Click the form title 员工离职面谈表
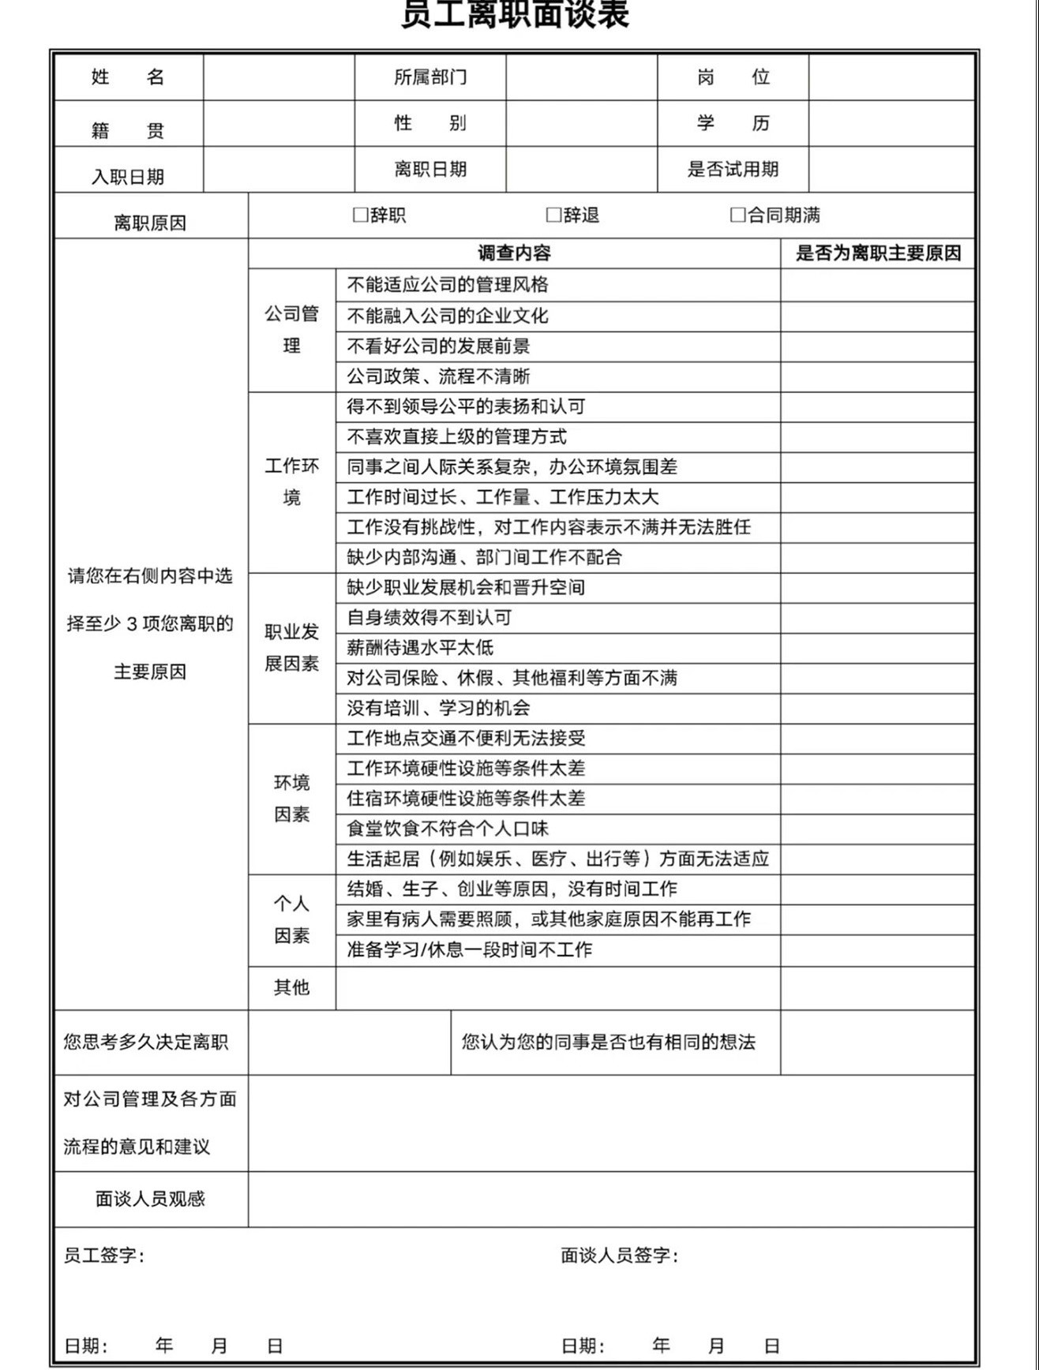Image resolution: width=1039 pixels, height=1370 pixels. pyautogui.click(x=515, y=14)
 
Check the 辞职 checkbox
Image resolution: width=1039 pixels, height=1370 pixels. pyautogui.click(x=361, y=215)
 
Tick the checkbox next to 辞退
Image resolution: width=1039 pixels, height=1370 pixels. pyautogui.click(x=554, y=215)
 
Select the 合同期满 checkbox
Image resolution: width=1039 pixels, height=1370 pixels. pyautogui.click(x=738, y=215)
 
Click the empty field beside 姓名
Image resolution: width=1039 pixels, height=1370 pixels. pyautogui.click(x=279, y=77)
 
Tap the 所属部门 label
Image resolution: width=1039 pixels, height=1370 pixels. pyautogui.click(x=430, y=77)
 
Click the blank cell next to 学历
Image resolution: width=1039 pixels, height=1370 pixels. pyautogui.click(x=891, y=123)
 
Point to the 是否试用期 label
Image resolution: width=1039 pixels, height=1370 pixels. pyautogui.click(x=733, y=169)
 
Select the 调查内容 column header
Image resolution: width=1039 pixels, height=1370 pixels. pyautogui.click(x=514, y=253)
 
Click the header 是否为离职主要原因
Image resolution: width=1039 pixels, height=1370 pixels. pyautogui.click(x=878, y=253)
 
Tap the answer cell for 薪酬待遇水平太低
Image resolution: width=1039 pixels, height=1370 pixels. pyautogui.click(x=877, y=648)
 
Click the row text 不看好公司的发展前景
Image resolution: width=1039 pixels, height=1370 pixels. pyautogui.click(x=438, y=346)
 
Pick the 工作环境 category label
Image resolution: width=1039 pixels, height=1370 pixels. pyautogui.click(x=291, y=481)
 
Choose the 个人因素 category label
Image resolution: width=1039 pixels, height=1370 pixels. pyautogui.click(x=291, y=919)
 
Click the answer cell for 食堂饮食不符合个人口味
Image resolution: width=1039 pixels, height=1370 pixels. pyautogui.click(x=877, y=829)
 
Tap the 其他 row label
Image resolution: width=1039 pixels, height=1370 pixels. pyautogui.click(x=291, y=987)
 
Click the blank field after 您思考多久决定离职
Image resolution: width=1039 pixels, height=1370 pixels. pyautogui.click(x=349, y=1042)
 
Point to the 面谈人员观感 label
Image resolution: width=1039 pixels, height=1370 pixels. pyautogui.click(x=150, y=1199)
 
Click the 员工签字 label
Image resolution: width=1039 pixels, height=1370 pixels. pyautogui.click(x=103, y=1255)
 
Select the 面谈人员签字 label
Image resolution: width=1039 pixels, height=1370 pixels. pyautogui.click(x=619, y=1255)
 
